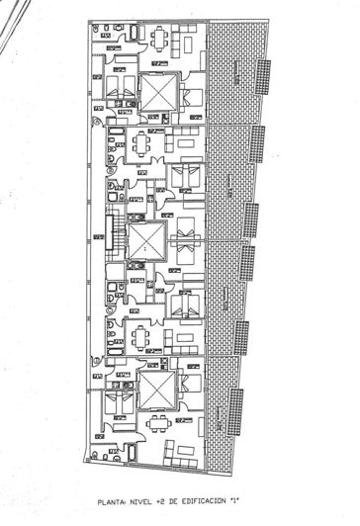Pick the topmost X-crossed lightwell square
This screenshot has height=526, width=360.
click(x=157, y=94)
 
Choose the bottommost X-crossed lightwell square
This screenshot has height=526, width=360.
click(x=156, y=389)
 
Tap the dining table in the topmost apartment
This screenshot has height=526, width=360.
click(x=159, y=41)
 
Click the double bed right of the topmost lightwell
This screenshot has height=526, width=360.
click(x=191, y=96)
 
